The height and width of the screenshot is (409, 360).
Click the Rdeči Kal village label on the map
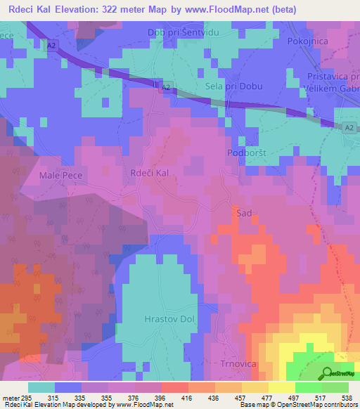[x=150, y=172]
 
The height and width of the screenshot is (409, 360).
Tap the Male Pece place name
[x=61, y=175]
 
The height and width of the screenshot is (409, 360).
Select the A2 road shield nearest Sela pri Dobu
[x=165, y=87]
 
